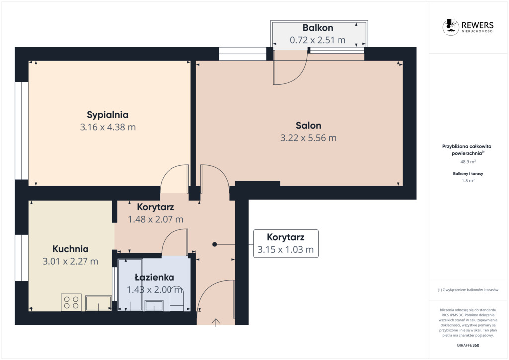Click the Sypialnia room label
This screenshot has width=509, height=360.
tap(108, 115)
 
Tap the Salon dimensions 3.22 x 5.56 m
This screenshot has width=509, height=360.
tap(308, 138)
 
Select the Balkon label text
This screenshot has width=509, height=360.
tap(318, 28)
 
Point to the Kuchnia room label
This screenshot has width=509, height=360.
tap(71, 249)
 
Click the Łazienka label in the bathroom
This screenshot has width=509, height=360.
tap(155, 277)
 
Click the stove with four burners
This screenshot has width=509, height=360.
tap(71, 302)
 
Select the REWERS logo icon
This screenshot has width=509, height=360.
tap(450, 27)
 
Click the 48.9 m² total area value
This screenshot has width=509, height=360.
tap(468, 161)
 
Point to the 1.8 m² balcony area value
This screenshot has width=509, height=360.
tap(468, 181)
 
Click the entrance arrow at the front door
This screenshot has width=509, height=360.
tap(216, 322)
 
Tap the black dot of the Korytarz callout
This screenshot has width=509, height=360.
tap(215, 244)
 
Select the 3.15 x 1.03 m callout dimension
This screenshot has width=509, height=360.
tap(286, 249)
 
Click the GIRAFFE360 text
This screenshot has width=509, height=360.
tap(468, 345)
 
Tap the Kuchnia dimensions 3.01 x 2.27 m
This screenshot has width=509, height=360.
tap(71, 261)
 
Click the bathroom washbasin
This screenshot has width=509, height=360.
tap(154, 305)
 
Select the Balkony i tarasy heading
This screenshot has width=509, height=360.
tap(468, 174)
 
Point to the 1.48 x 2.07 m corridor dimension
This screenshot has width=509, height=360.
tap(156, 219)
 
